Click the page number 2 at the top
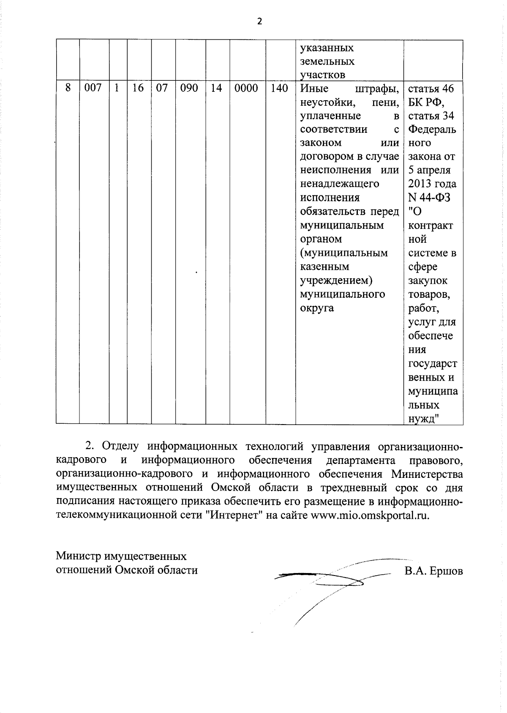click(x=259, y=22)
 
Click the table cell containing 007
click(x=93, y=88)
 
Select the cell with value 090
click(x=189, y=88)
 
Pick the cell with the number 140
click(x=279, y=88)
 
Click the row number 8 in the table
click(x=68, y=88)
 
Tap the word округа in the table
click(x=317, y=308)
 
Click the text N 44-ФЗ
click(x=429, y=197)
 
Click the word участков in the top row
click(x=322, y=75)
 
